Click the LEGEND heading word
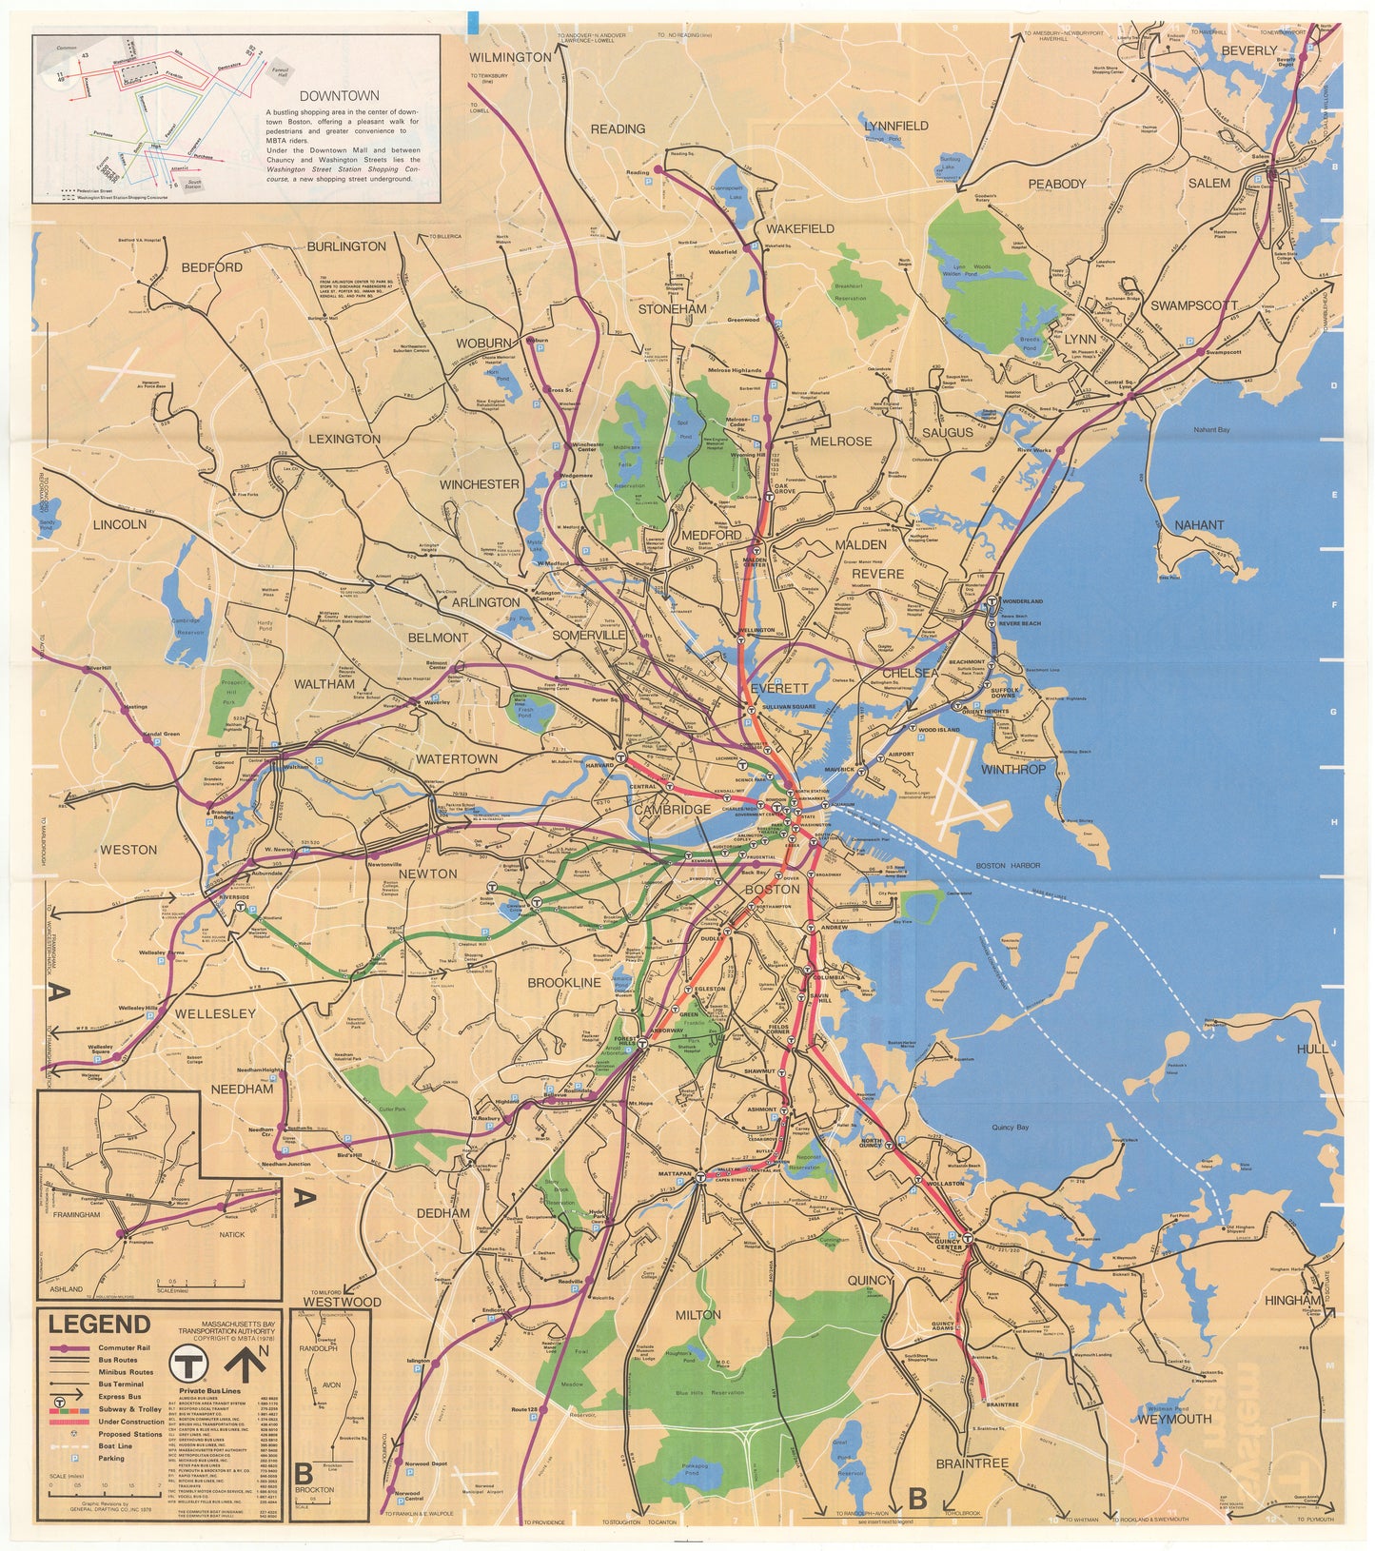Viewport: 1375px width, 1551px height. (100, 1324)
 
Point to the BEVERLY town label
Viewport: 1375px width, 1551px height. (1248, 50)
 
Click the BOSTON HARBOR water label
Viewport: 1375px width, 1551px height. (1008, 866)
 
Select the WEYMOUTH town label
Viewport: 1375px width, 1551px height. (1174, 1418)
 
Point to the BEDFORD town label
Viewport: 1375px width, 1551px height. (211, 267)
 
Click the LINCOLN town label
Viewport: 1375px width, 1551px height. (120, 524)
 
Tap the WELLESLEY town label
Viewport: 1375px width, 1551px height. (215, 1013)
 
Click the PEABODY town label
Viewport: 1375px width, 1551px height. (1056, 184)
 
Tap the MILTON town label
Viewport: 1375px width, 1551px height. (698, 1315)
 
